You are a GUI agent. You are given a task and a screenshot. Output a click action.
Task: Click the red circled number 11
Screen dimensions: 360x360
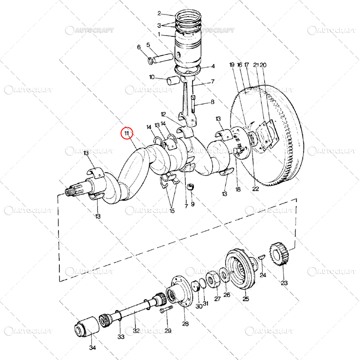[127, 133]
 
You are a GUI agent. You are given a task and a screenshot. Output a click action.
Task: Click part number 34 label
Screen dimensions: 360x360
[92, 347]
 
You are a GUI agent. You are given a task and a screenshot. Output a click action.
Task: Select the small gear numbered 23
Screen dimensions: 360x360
[279, 254]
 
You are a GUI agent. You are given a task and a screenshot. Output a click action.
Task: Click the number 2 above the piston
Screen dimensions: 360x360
[159, 13]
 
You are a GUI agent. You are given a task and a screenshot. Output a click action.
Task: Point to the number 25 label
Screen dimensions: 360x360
[246, 298]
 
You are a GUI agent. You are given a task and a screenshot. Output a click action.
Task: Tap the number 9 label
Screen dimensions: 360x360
[193, 204]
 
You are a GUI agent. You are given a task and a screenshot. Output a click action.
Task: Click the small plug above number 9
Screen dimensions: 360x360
[191, 187]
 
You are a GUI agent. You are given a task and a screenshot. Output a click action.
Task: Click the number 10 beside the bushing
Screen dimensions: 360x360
[152, 77]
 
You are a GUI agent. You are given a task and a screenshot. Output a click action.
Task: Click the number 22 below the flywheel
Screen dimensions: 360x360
[256, 189]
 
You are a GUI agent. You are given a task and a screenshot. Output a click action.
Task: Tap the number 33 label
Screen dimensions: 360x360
[121, 336]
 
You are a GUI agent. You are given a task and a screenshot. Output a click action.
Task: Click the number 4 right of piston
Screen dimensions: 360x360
[213, 66]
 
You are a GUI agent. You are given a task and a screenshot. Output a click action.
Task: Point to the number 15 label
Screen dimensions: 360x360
[171, 211]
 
